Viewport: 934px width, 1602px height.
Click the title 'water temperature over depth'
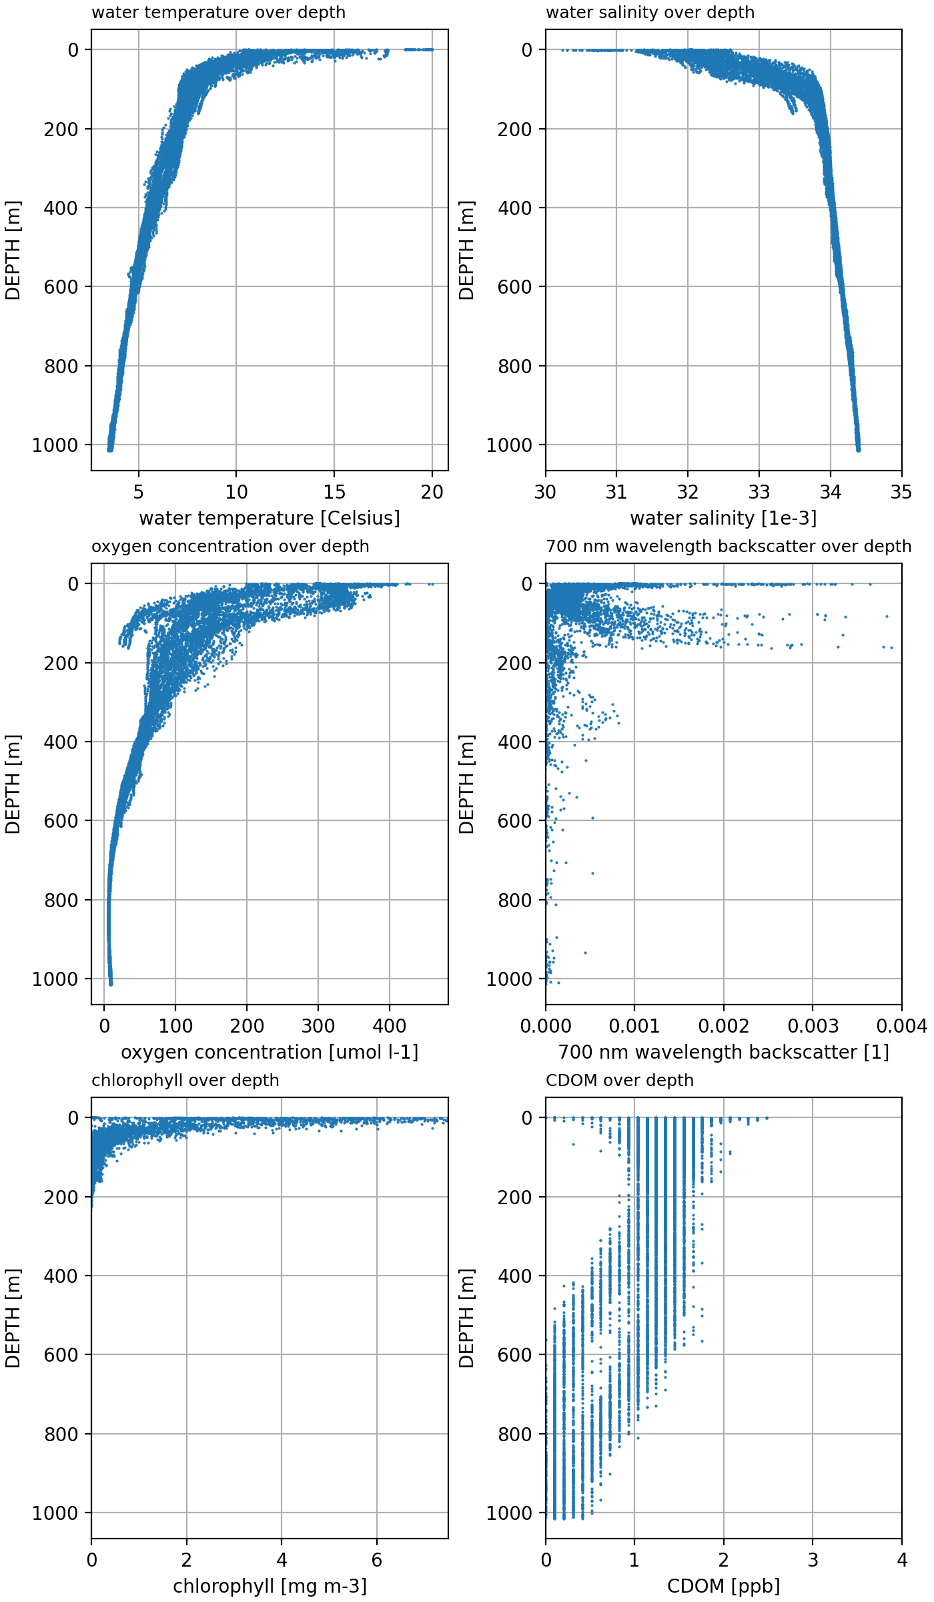(218, 13)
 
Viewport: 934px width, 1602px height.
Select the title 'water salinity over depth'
(650, 13)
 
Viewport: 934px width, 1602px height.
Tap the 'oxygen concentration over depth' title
(230, 547)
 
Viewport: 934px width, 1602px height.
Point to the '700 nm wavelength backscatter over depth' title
(729, 547)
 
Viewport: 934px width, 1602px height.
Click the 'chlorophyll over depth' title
(185, 1081)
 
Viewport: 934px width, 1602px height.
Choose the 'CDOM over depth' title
(620, 1081)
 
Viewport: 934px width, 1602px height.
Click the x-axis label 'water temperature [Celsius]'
(270, 519)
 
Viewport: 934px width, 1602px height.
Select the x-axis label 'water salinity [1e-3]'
(723, 519)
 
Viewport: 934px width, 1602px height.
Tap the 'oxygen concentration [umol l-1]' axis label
(270, 1053)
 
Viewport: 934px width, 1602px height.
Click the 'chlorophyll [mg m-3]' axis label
(270, 1587)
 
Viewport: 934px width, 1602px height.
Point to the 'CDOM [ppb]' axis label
(723, 1587)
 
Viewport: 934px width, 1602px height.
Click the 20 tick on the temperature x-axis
(432, 493)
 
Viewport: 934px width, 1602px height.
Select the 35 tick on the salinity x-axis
(901, 493)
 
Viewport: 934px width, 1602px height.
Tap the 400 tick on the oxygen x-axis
(389, 1027)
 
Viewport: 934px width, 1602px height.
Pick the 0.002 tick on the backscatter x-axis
(724, 1027)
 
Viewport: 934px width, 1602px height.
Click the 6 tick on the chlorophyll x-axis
(377, 1561)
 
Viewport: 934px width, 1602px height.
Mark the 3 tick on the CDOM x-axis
(813, 1561)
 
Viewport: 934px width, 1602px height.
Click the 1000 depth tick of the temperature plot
(55, 445)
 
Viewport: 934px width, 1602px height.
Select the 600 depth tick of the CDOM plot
(514, 1355)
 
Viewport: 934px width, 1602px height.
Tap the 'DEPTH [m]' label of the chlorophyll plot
(13, 1318)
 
